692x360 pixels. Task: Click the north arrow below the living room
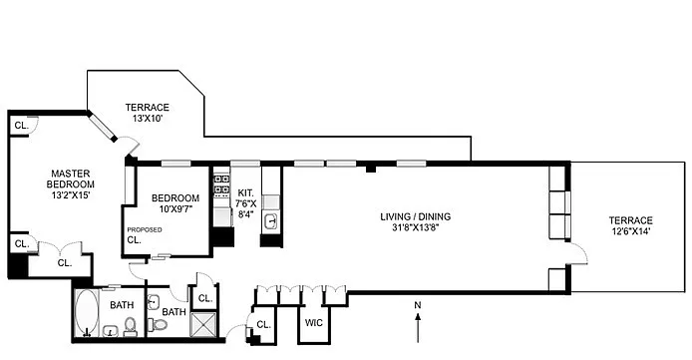[x=418, y=327]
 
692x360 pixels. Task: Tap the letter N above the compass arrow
[x=418, y=305]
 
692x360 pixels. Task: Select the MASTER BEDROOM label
[x=71, y=180]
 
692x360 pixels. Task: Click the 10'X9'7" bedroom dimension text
[x=175, y=208]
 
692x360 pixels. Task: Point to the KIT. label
[x=245, y=192]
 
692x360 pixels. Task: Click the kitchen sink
[x=271, y=220]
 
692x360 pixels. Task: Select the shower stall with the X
[x=203, y=325]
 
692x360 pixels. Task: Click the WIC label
[x=314, y=322]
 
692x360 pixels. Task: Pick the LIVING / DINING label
[x=415, y=216]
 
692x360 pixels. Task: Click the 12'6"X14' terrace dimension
[x=630, y=231]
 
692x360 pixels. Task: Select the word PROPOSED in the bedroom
[x=145, y=229]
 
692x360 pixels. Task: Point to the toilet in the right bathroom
[x=157, y=325]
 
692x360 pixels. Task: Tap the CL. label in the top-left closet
[x=21, y=126]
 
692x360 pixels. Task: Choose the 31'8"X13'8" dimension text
[x=415, y=227]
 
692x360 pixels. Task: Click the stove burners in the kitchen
[x=222, y=184]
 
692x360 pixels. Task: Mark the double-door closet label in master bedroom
[x=65, y=263]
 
